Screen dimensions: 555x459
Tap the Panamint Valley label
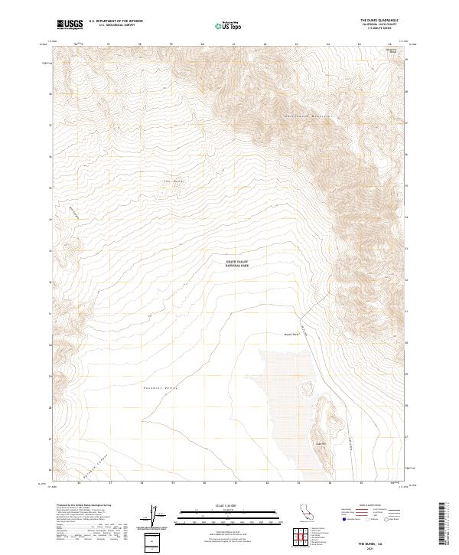(x=161, y=389)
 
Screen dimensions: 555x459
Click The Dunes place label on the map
(x=174, y=181)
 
